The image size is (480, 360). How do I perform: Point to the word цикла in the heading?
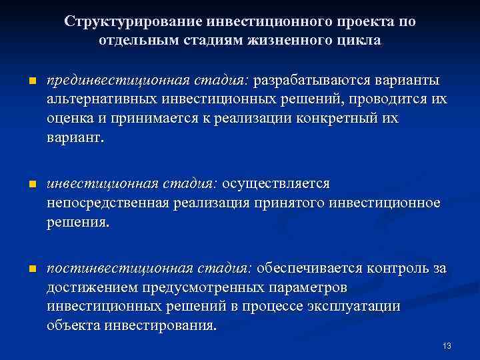(361, 40)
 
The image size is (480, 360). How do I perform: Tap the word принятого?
(291, 203)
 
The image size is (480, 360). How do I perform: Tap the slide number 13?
(447, 345)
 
